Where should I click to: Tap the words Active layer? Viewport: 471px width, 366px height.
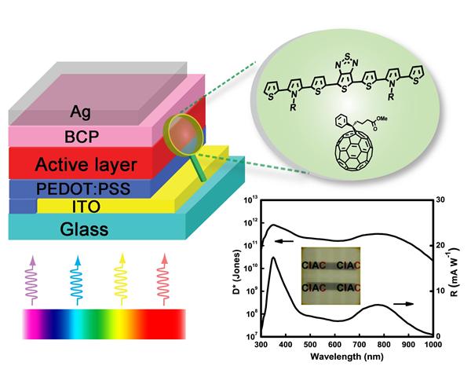(87, 166)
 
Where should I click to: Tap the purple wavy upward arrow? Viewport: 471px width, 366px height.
(32, 276)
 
